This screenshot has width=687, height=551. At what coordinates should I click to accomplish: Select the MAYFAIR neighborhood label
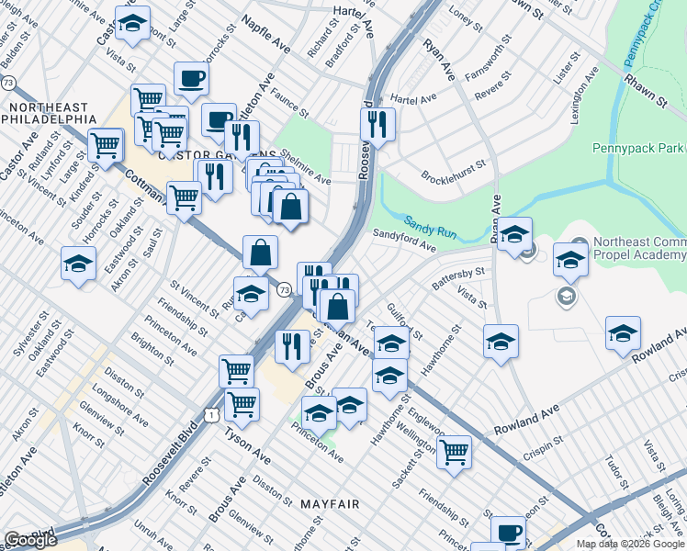330,504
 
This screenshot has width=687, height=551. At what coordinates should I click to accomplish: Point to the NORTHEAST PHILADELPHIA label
51,113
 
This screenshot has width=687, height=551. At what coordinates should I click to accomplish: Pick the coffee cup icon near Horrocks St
191,80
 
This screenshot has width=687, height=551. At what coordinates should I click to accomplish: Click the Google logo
30,539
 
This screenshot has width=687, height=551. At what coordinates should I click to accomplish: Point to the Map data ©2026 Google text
630,544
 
